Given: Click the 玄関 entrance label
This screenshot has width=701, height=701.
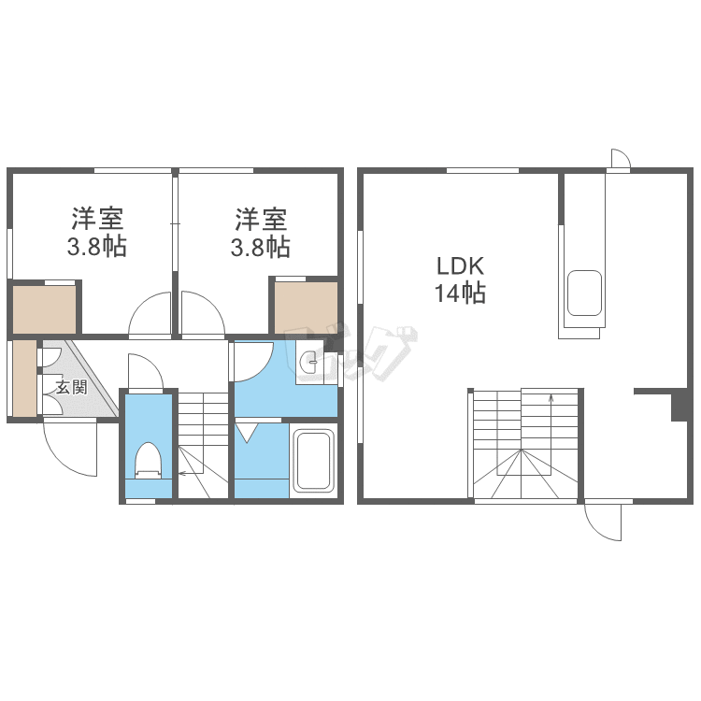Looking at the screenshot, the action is coord(72,387).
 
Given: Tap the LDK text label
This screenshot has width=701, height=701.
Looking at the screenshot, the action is coord(460,266).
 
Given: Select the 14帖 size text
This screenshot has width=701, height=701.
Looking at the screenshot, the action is coord(460,293).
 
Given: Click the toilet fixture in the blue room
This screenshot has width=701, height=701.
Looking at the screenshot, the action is coord(148,461).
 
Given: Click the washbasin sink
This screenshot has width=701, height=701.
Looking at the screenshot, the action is coord(309,362).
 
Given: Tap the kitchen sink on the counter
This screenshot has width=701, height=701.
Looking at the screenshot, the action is coord(584,293).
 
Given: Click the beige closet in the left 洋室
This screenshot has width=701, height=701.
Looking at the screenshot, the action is coord(44,309).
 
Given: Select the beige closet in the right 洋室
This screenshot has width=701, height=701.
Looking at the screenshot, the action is coord(306,308).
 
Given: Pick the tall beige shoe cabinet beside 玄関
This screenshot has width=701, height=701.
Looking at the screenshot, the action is coord(24,379).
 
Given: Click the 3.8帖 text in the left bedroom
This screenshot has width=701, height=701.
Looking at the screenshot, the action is coord(97,247).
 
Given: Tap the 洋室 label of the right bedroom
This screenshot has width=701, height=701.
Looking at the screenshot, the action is coord(261,219).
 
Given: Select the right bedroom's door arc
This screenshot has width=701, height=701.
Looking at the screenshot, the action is coord(210,305).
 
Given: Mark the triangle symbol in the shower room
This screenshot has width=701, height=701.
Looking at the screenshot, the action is coord(247,433).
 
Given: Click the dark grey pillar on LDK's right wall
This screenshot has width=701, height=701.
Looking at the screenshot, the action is coord(680,405).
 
